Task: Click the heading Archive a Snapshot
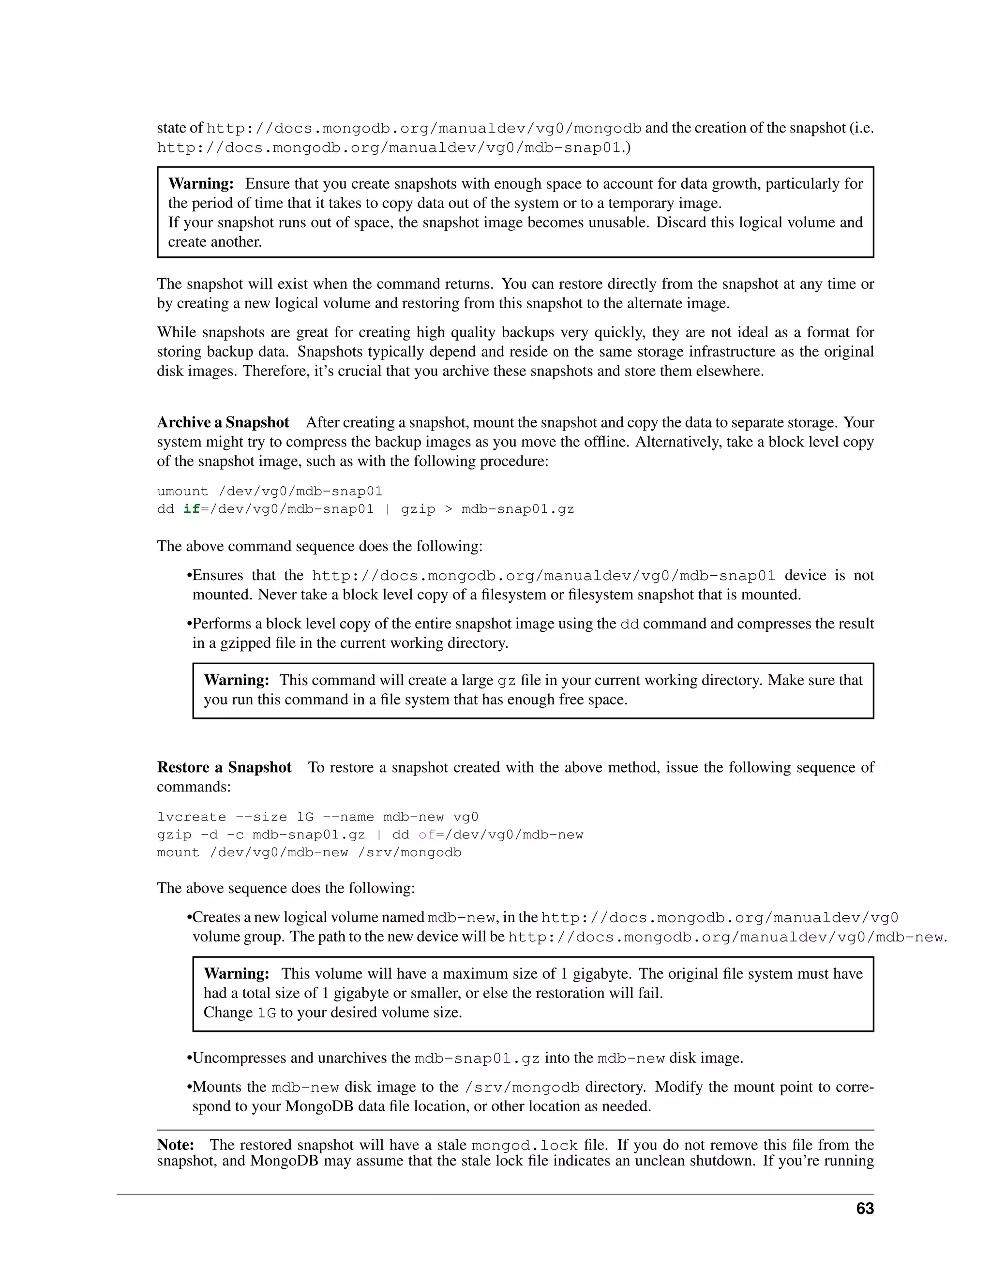click(223, 423)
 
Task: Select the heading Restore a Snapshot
click(224, 767)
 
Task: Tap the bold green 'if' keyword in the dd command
click(192, 509)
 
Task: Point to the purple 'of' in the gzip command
click(427, 834)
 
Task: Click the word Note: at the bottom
click(176, 1145)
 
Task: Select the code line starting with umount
click(270, 492)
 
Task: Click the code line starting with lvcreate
click(317, 817)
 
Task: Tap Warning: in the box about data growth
click(201, 184)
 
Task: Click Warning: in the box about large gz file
click(237, 680)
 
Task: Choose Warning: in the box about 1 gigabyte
click(237, 974)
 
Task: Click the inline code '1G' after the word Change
click(267, 1013)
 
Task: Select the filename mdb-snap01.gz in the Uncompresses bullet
click(477, 1058)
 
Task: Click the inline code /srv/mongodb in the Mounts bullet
click(522, 1087)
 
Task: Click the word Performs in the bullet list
click(221, 624)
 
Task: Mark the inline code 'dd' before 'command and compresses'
click(630, 624)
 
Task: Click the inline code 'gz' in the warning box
click(507, 681)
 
